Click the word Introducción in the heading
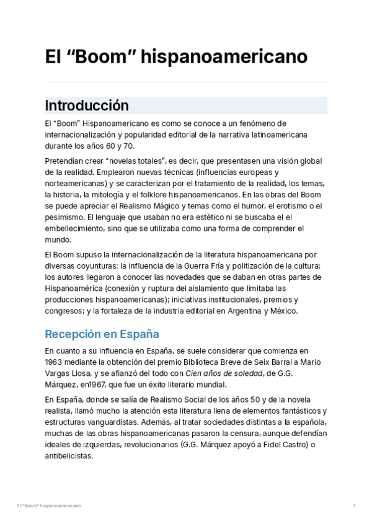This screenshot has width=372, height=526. click(86, 105)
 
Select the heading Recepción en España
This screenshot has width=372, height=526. click(102, 334)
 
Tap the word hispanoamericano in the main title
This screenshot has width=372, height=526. click(224, 57)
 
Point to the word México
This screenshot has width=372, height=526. click(284, 311)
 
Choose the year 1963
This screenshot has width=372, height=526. click(55, 362)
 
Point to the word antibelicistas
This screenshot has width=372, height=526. click(69, 455)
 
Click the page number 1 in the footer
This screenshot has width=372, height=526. click(354, 506)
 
